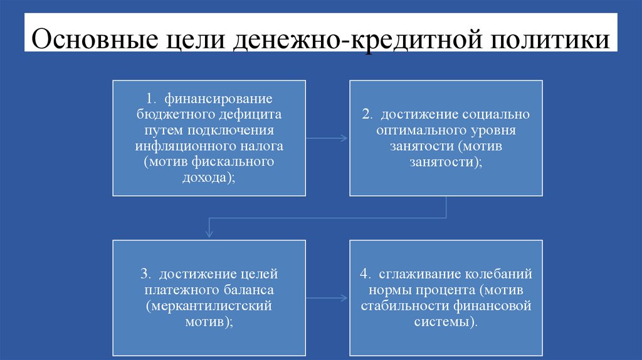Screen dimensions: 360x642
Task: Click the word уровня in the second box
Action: pyautogui.click(x=493, y=130)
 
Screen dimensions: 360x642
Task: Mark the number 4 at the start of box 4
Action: pyautogui.click(x=364, y=275)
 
